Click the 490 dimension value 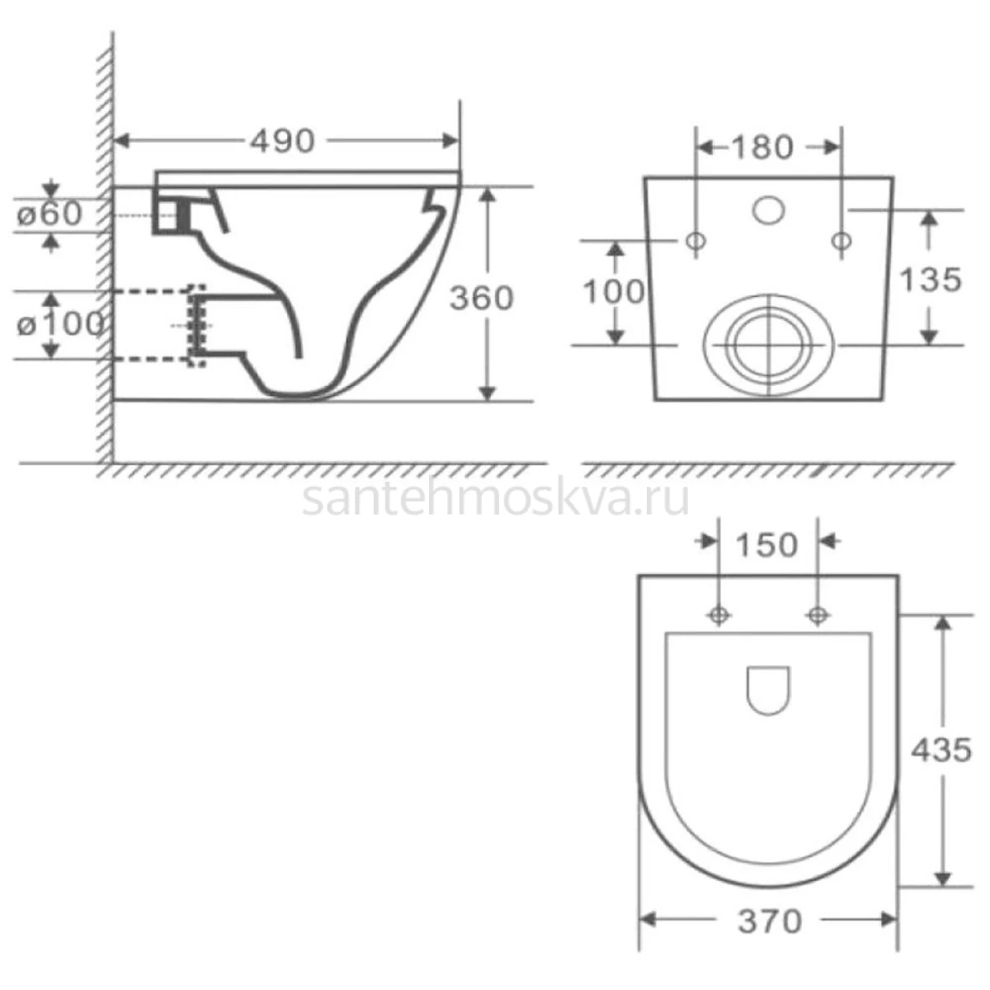click(x=282, y=141)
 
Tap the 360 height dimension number click(x=481, y=298)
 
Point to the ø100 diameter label click(x=60, y=325)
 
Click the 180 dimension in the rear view click(x=762, y=148)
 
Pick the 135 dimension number click(x=931, y=280)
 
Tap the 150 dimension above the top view click(x=767, y=545)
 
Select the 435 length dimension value click(x=941, y=750)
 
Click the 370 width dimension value click(x=770, y=922)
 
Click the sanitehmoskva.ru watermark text click(x=496, y=499)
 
